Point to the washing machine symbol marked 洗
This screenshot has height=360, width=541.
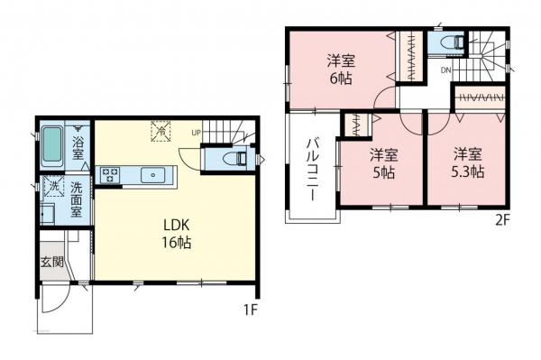52,188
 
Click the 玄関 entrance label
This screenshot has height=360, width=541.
51,263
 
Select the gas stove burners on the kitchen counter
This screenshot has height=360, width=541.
111,174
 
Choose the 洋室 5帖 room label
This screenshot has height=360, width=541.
382,162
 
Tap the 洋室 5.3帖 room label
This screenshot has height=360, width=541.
468,162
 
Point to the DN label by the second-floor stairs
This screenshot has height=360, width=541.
446,69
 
